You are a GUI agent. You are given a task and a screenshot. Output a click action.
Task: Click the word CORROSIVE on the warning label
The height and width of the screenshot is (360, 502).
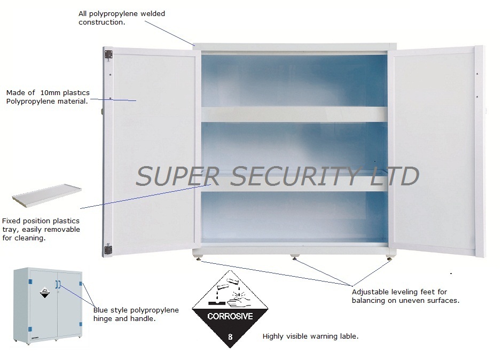pos(230,316)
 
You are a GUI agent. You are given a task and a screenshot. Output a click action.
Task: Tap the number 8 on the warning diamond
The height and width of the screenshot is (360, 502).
pos(230,337)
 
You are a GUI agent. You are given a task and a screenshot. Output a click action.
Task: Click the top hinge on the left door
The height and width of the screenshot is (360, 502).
pos(108,54)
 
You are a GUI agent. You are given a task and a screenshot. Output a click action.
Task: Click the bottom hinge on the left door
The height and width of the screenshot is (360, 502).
pos(108,248)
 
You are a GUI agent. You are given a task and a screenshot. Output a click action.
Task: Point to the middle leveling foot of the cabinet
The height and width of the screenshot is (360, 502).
pos(294,259)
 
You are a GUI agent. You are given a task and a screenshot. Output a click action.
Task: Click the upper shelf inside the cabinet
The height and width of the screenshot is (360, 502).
pos(294,113)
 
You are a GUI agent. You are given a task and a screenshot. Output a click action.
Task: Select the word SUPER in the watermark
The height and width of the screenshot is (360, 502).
pos(170,177)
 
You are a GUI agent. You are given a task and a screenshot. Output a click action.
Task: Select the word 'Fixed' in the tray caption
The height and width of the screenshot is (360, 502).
pos(11,221)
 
